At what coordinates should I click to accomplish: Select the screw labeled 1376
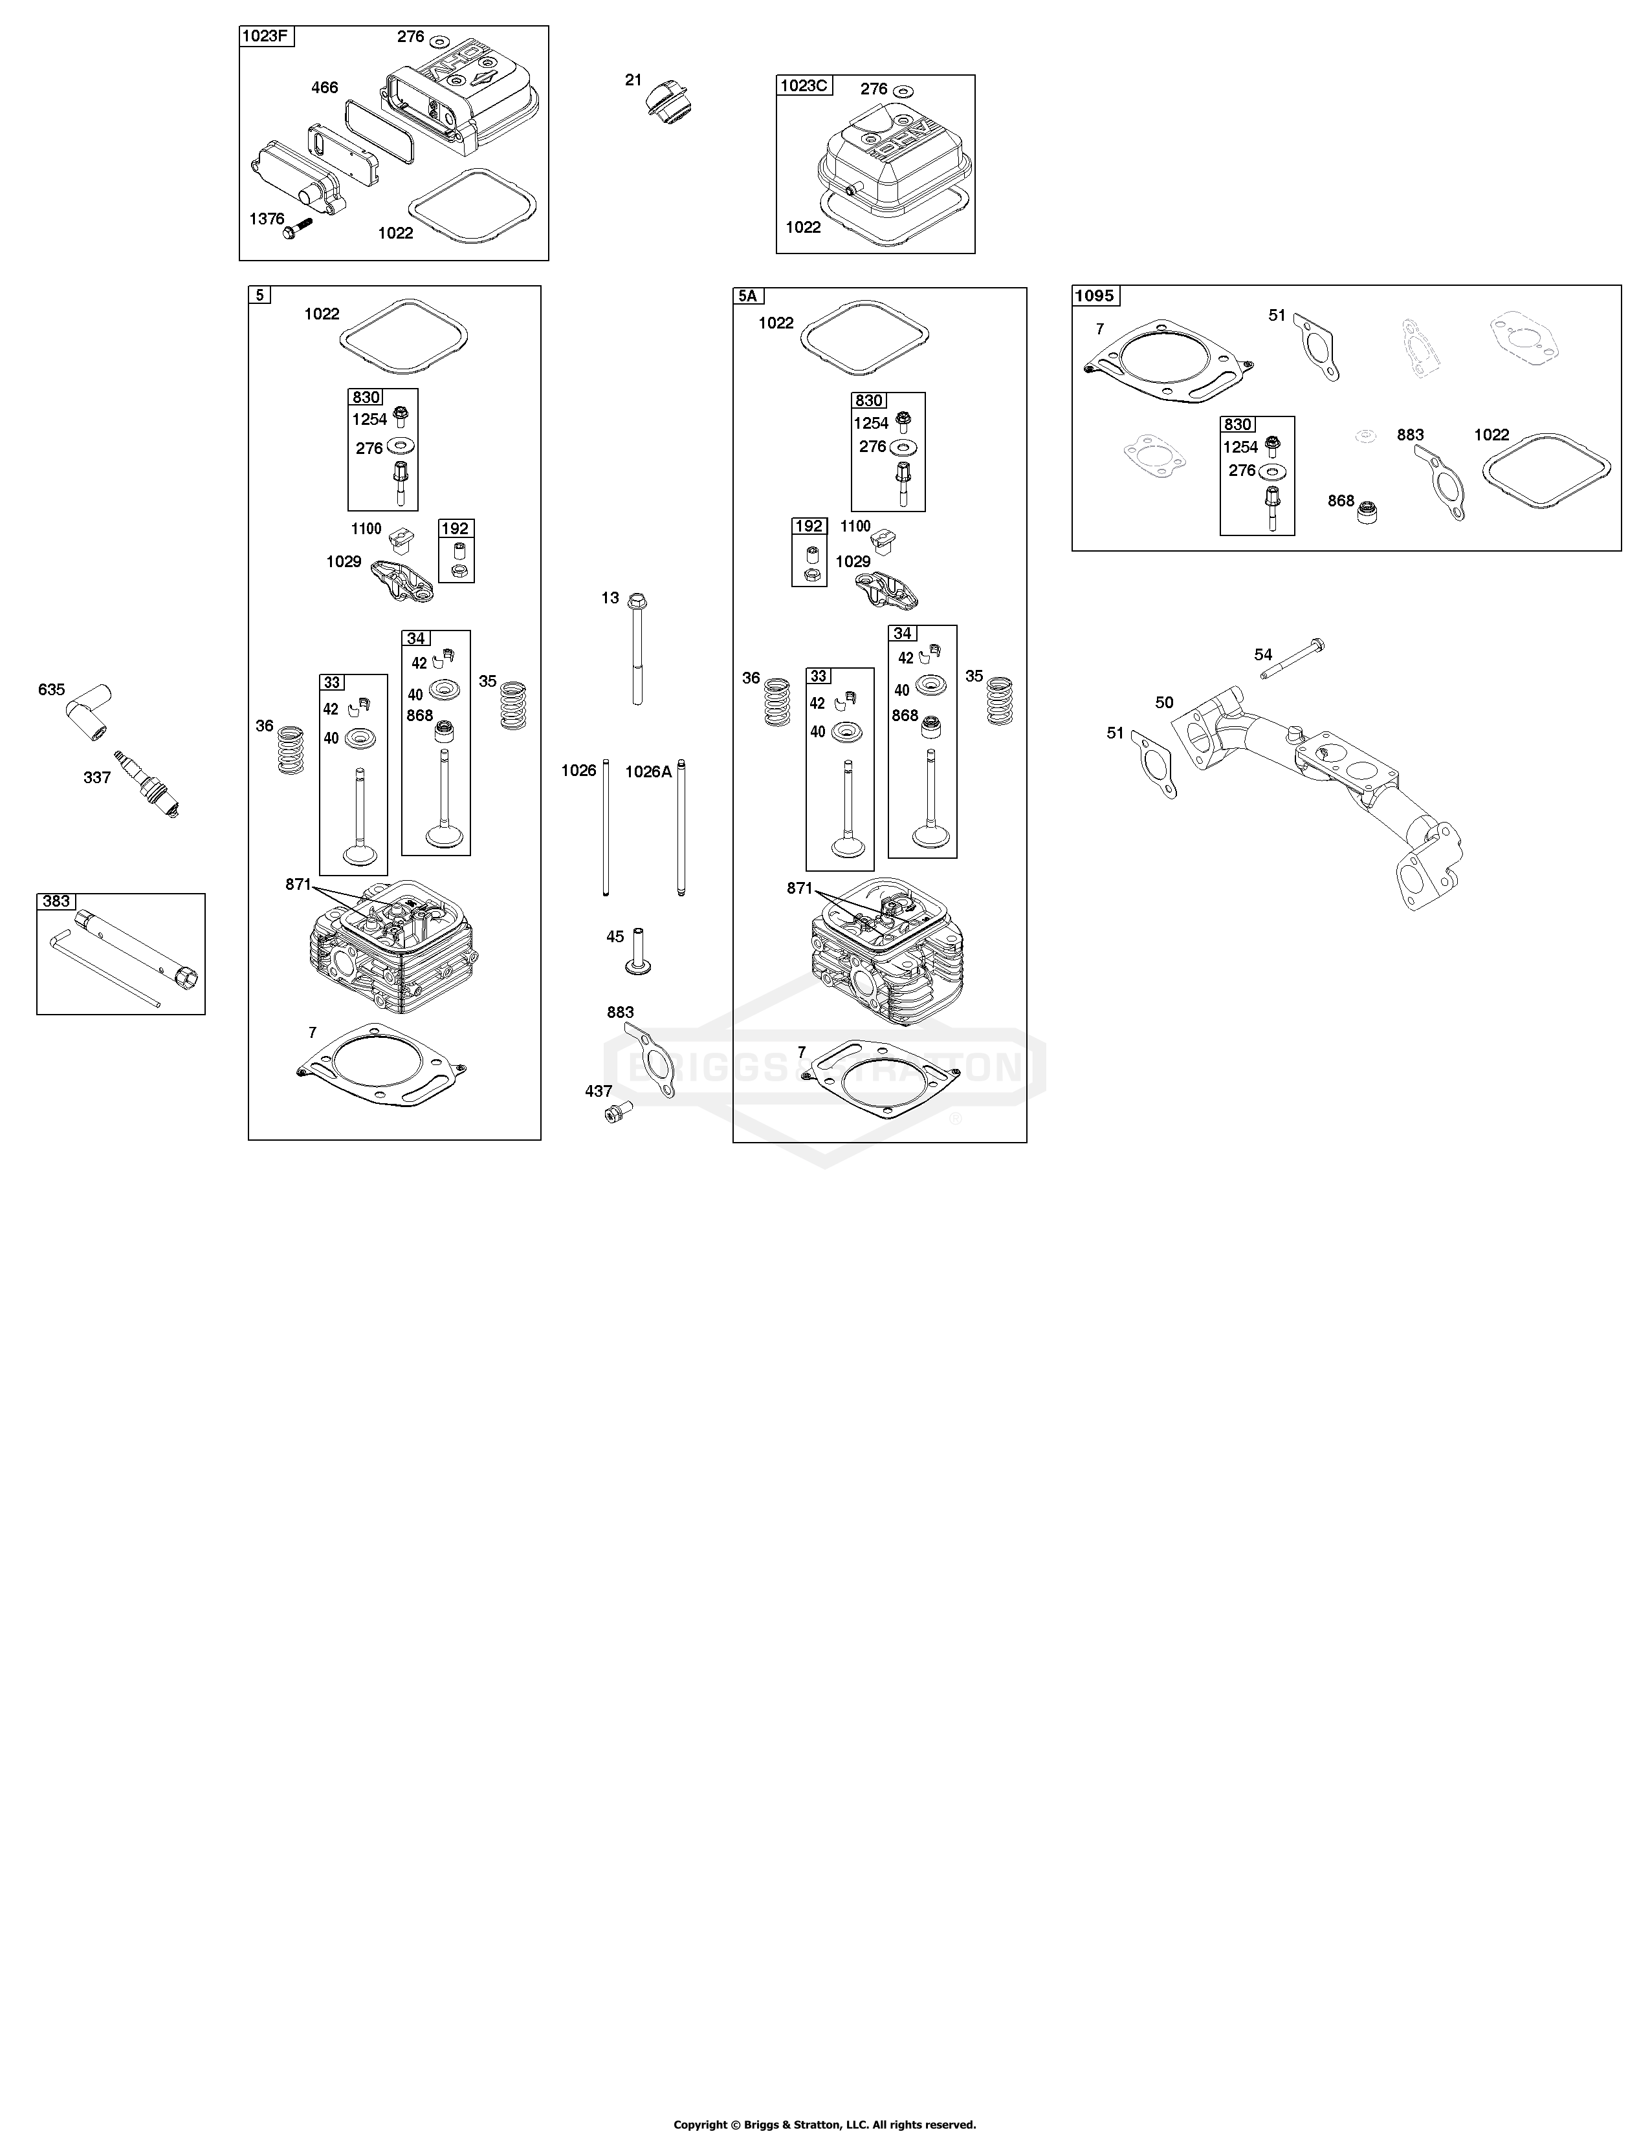pos(296,229)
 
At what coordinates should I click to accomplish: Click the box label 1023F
pos(267,37)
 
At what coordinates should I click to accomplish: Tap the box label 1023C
pos(804,85)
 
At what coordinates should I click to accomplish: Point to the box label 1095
pos(1095,295)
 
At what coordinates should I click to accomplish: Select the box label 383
pos(56,901)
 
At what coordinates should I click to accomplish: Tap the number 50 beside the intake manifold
pos(1164,702)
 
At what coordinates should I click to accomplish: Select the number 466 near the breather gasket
pos(325,88)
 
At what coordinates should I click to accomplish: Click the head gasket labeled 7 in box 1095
pos(1169,361)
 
